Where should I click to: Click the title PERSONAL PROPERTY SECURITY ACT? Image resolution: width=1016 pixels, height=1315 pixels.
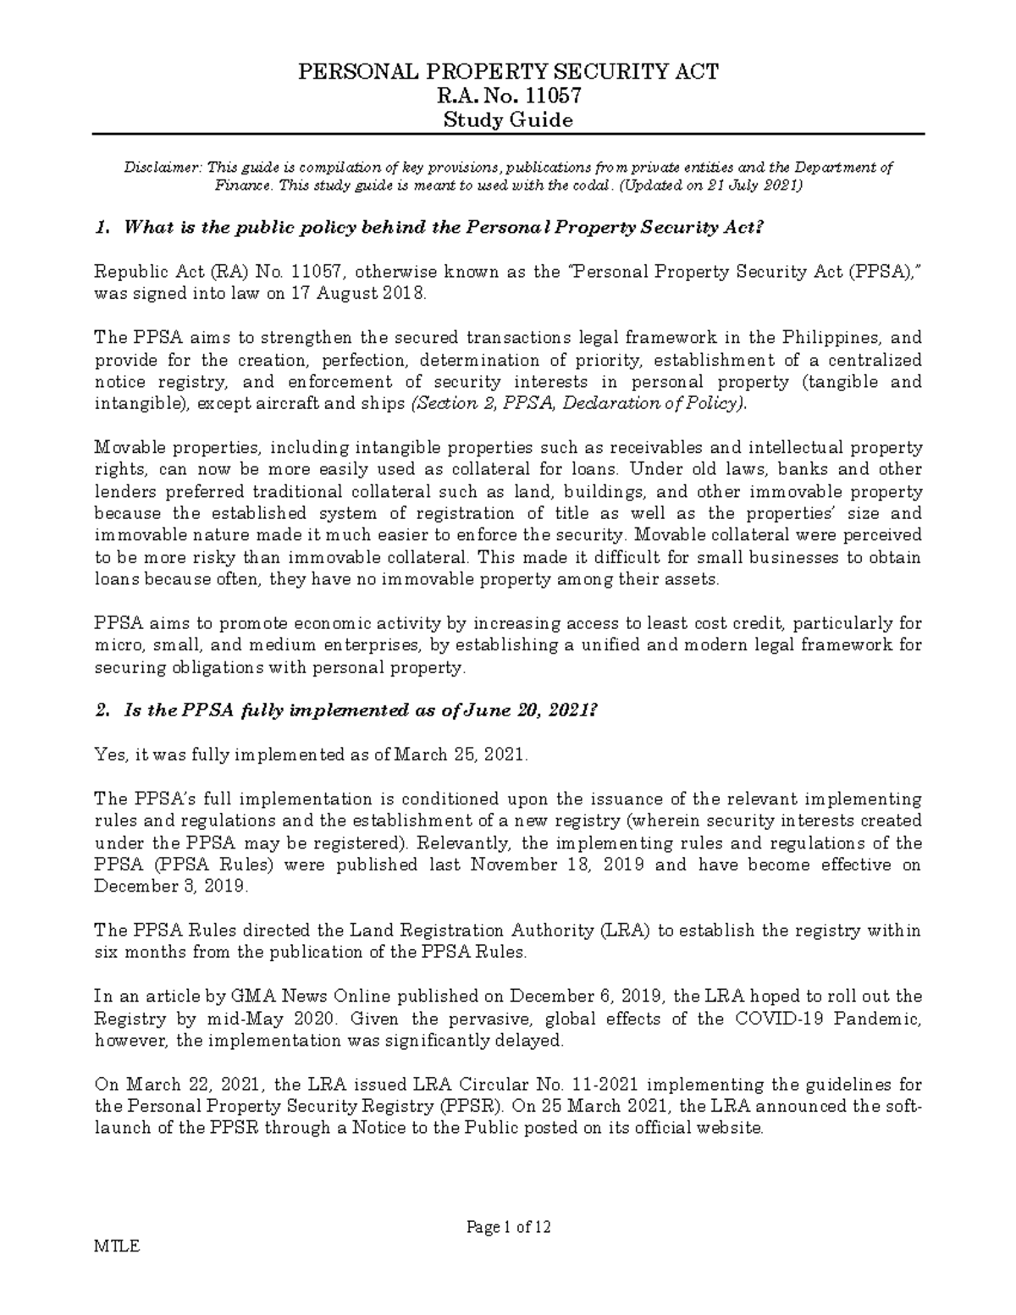[x=508, y=72]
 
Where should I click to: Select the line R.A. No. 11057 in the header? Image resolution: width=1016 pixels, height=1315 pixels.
[x=508, y=96]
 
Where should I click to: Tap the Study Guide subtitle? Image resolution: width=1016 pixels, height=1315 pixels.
[x=508, y=119]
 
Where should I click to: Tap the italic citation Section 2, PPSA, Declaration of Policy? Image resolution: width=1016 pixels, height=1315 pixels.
[x=578, y=404]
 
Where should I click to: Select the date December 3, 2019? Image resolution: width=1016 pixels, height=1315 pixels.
[x=170, y=887]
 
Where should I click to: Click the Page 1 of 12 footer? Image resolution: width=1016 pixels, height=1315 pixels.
[x=509, y=1227]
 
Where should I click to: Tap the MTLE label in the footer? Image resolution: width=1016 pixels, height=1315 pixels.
[x=117, y=1246]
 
